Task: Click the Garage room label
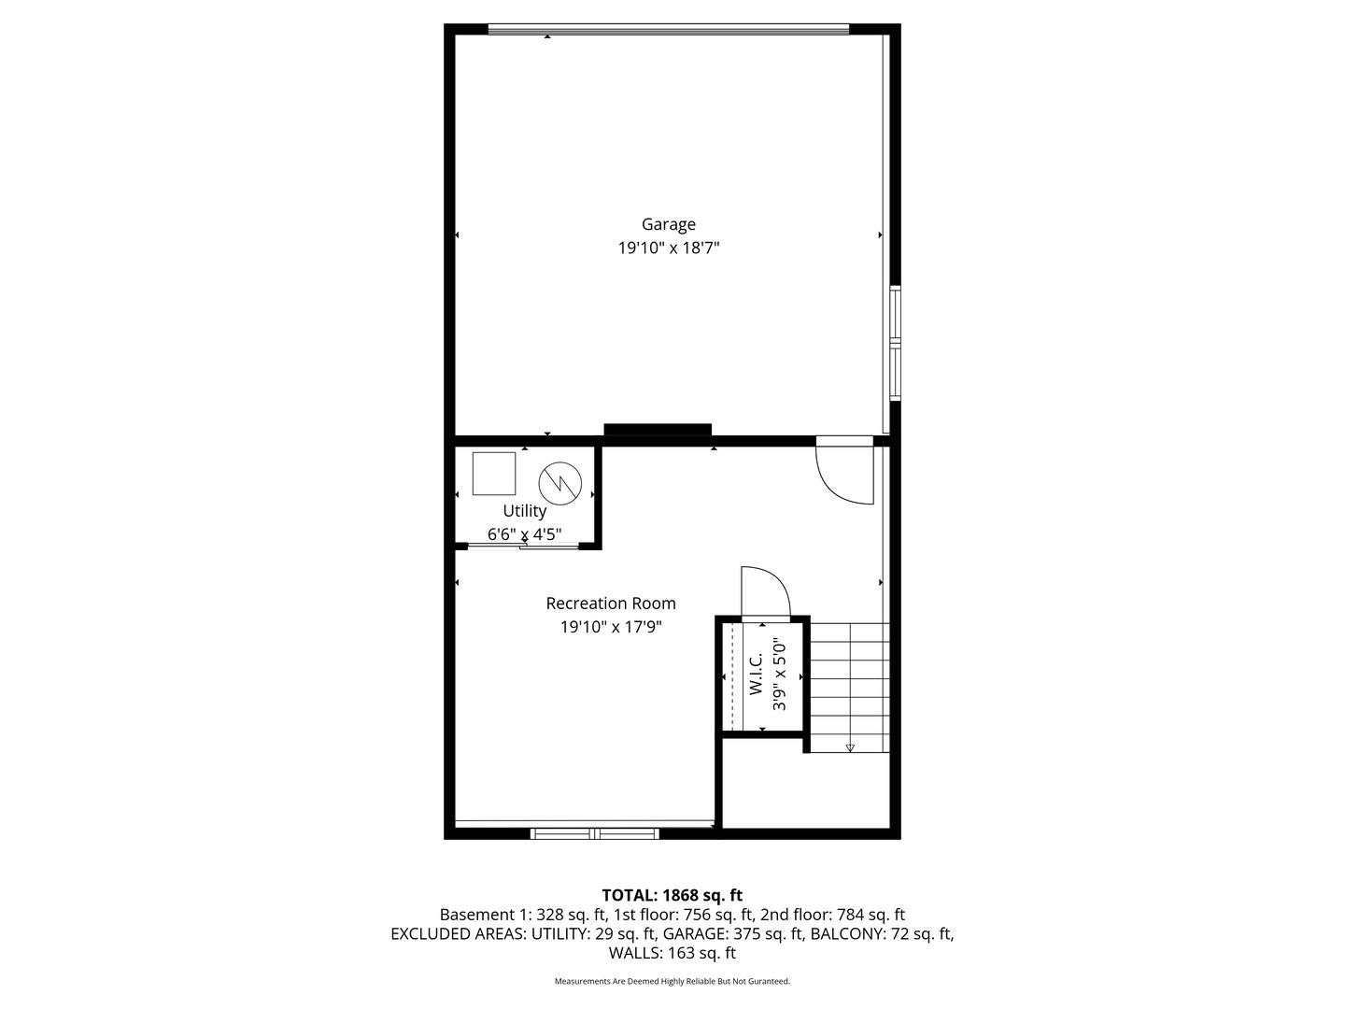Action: tap(668, 224)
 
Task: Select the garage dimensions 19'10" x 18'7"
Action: tap(668, 249)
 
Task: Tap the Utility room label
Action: tap(524, 511)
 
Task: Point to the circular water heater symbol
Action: tap(559, 482)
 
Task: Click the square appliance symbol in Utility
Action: tap(494, 474)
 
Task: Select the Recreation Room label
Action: tap(611, 604)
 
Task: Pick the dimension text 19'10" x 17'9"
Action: tap(611, 628)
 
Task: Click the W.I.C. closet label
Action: tap(756, 674)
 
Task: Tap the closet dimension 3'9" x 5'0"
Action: tap(779, 674)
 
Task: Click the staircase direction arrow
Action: tap(850, 747)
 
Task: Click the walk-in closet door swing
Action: tap(765, 592)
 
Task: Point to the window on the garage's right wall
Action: tap(895, 343)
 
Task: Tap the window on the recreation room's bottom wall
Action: tap(595, 833)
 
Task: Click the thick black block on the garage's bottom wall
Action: tap(658, 431)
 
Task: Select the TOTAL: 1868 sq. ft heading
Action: tap(672, 895)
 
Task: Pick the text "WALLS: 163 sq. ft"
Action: tap(672, 954)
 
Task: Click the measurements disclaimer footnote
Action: tap(672, 982)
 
